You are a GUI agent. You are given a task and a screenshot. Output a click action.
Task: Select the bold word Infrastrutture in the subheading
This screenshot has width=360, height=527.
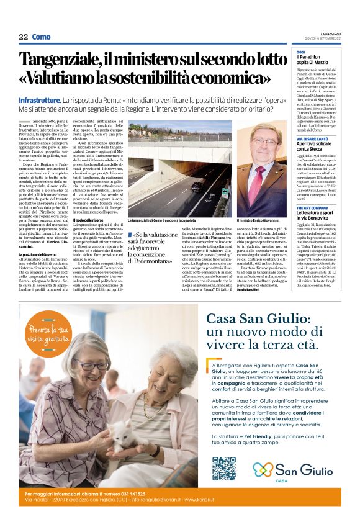[39, 100]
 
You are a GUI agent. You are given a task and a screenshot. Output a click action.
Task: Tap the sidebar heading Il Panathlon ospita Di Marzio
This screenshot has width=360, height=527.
[317, 60]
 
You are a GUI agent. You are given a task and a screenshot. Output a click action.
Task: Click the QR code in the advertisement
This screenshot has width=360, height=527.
[223, 469]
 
